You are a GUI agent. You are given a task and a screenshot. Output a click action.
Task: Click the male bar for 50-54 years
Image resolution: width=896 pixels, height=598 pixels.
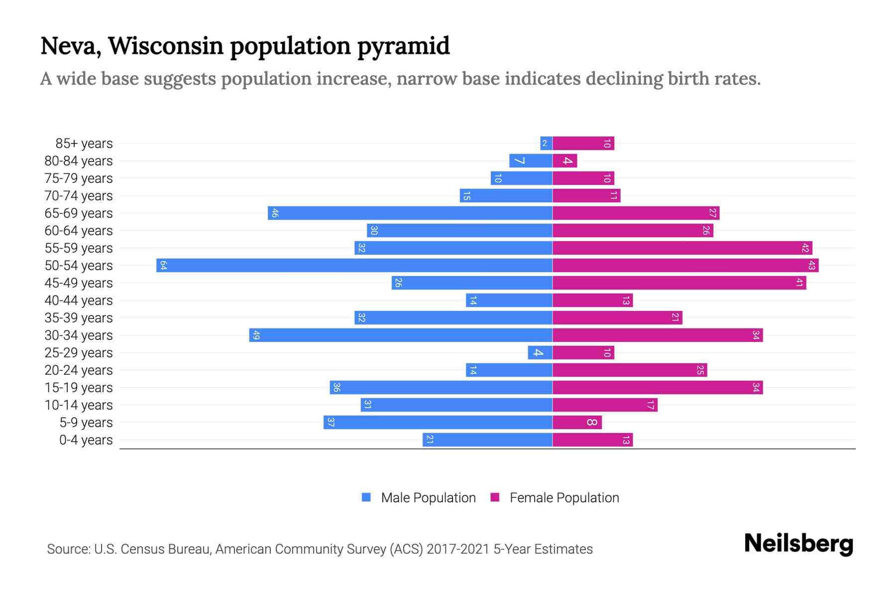[354, 265]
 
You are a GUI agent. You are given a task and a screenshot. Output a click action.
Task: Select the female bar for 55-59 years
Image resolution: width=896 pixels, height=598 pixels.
[682, 248]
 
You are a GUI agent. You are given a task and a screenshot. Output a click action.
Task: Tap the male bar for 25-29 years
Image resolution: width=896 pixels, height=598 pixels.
[540, 352]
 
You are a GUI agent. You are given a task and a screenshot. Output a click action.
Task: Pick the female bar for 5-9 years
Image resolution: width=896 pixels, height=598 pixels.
[577, 422]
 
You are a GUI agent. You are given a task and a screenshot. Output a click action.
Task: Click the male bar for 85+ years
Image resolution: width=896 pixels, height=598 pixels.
[546, 144]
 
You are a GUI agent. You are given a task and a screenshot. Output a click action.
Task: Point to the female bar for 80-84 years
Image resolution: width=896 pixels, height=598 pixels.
[565, 160]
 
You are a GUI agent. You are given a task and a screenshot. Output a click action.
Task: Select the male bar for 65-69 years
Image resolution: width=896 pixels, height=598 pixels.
[410, 213]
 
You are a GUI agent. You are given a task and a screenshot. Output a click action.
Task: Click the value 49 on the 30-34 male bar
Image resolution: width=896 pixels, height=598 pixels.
[256, 335]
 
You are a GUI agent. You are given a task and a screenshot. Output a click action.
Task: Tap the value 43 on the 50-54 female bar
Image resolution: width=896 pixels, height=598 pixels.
[811, 265]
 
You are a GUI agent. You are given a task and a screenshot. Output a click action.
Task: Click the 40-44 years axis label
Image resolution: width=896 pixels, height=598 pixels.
[79, 300]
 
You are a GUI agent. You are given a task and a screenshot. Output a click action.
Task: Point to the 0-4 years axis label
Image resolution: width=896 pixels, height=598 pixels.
[86, 440]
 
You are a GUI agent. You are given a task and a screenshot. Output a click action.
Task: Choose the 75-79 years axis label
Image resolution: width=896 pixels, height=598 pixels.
[79, 178]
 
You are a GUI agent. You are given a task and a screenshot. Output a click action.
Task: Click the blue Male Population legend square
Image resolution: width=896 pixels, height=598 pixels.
[366, 497]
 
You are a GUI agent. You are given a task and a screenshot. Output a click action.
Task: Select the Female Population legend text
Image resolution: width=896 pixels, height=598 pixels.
[564, 497]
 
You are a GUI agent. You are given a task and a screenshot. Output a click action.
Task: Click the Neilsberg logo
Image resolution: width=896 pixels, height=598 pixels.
[798, 544]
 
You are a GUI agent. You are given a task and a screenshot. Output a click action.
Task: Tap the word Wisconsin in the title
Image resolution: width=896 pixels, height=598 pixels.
[166, 46]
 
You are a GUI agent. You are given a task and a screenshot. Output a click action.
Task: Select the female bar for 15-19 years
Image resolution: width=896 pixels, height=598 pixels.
[657, 387]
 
